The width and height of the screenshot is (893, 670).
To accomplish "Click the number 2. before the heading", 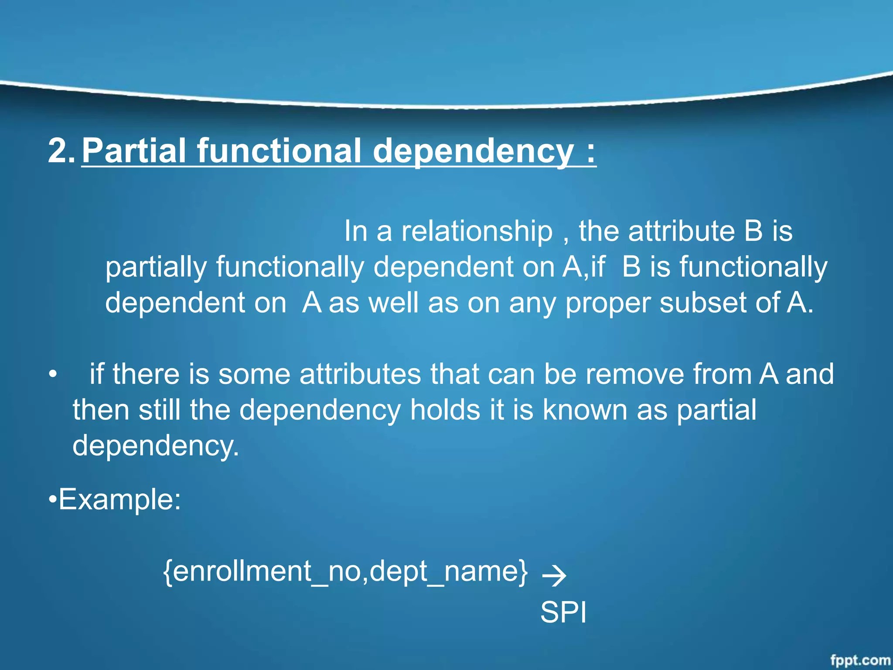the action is (61, 150).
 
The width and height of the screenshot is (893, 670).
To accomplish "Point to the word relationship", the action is (477, 231).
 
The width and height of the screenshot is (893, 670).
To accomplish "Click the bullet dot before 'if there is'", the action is (53, 374).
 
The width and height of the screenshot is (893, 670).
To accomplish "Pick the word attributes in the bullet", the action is (360, 374).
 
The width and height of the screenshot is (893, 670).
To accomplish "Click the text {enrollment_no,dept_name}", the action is (345, 571).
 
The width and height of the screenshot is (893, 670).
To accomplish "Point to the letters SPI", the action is (563, 612).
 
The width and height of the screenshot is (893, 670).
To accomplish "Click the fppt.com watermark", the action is (860, 660).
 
